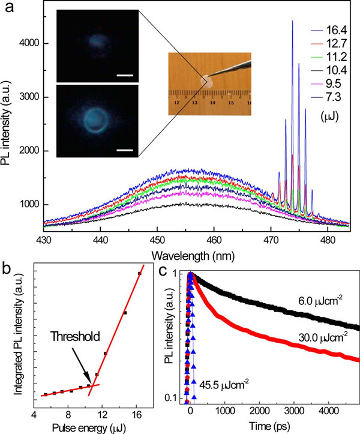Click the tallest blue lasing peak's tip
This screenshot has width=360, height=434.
292,21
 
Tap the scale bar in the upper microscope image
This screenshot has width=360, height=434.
124,76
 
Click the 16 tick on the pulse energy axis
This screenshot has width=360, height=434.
137,414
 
